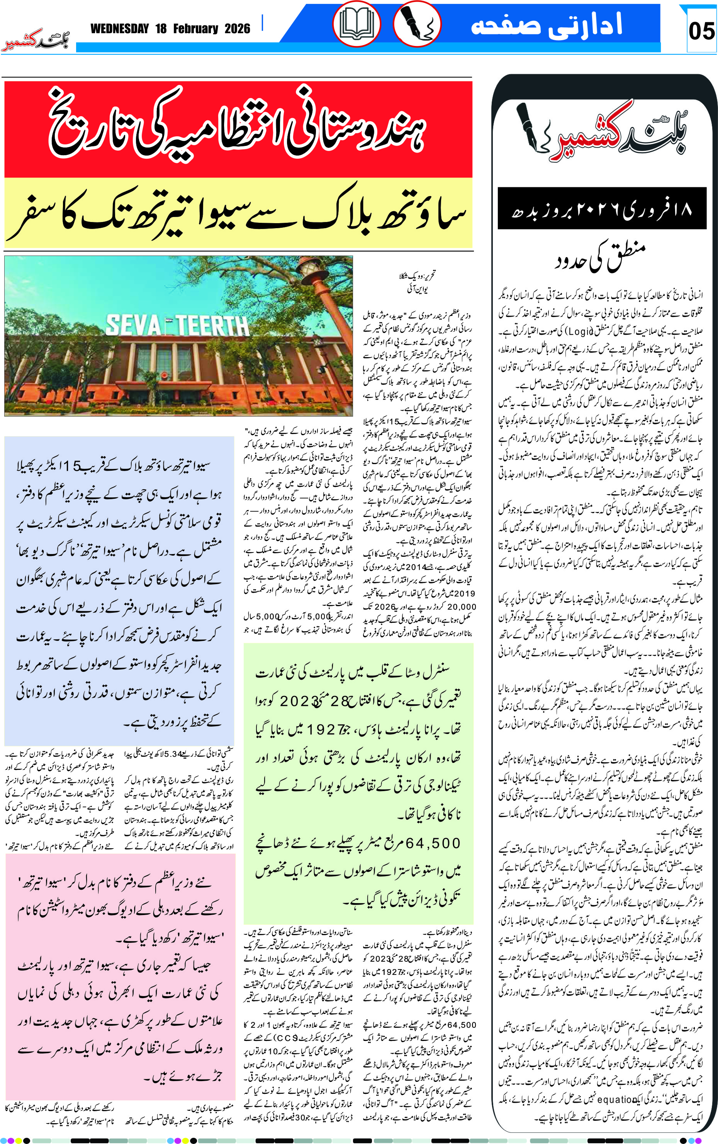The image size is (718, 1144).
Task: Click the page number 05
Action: (701, 31)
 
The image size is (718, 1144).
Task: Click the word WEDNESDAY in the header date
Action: (120, 29)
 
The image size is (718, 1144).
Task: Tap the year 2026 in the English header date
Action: (237, 29)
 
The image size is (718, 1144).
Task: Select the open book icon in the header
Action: (356, 24)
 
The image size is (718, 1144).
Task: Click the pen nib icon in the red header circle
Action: (417, 24)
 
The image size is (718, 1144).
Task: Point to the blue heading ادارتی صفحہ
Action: (546, 25)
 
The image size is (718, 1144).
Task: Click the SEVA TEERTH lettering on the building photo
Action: (177, 325)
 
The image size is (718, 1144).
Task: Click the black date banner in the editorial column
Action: (602, 209)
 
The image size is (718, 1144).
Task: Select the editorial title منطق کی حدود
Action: (601, 256)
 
